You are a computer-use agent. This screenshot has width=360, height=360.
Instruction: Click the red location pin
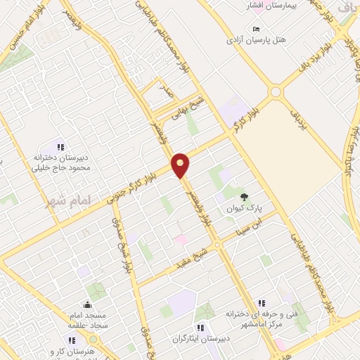click(x=181, y=164)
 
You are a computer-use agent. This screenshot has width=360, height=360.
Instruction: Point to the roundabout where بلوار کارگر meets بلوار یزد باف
click(x=275, y=92)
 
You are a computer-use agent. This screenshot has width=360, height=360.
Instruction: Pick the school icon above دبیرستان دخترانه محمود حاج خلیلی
click(x=61, y=147)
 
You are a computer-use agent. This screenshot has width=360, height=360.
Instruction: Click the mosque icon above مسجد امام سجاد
click(x=87, y=305)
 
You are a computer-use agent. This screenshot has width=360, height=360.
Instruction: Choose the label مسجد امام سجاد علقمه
click(x=87, y=321)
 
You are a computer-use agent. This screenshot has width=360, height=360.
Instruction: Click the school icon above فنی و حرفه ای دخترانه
click(x=262, y=302)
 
